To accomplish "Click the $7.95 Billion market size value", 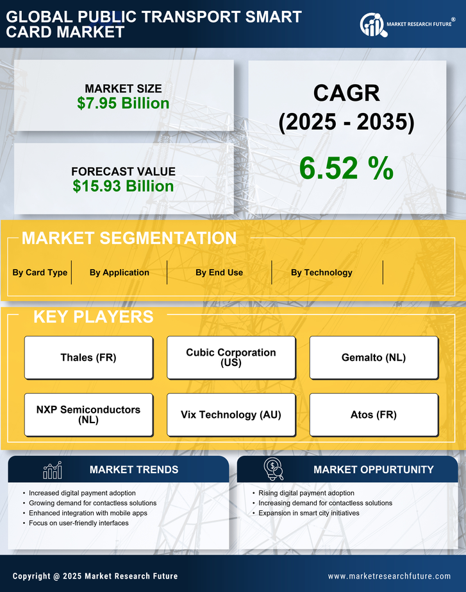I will (123, 103).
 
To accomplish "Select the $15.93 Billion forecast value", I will (123, 186).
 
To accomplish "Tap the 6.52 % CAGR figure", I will (346, 168).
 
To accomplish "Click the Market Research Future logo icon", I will (372, 25).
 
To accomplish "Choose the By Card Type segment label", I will (40, 272).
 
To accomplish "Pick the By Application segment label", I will (119, 272).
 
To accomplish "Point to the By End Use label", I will (219, 272).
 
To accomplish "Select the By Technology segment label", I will (321, 272).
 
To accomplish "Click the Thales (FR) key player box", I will (88, 358).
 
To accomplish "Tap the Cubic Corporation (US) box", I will (231, 358).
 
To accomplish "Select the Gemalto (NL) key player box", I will (374, 358).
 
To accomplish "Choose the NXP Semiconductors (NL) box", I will (88, 415).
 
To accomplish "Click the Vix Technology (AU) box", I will (231, 415).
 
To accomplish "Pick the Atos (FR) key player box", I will (374, 415).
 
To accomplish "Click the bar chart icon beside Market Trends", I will (52, 470).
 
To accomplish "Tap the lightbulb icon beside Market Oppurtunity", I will (273, 469).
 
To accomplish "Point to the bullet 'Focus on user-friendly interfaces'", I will (78, 523).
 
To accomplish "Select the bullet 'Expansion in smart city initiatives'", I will (308, 513).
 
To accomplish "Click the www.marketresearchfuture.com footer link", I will (389, 576).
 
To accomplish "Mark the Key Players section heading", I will (93, 317).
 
